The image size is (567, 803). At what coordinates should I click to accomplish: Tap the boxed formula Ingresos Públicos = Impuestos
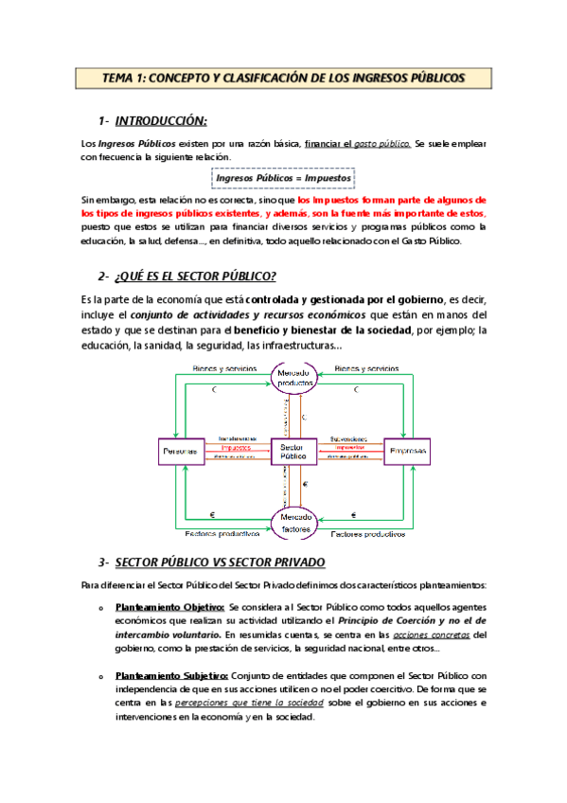click(283, 177)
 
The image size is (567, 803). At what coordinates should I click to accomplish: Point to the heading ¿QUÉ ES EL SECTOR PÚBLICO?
click(195, 276)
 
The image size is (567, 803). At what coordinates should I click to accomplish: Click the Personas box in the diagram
click(180, 452)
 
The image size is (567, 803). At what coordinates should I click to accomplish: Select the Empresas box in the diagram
click(406, 452)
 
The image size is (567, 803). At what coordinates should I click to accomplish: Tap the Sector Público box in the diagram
click(293, 452)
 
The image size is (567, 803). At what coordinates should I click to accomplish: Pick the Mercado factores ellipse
click(293, 522)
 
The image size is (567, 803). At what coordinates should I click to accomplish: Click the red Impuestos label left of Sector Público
click(236, 448)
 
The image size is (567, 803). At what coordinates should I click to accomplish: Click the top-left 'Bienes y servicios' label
click(224, 367)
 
